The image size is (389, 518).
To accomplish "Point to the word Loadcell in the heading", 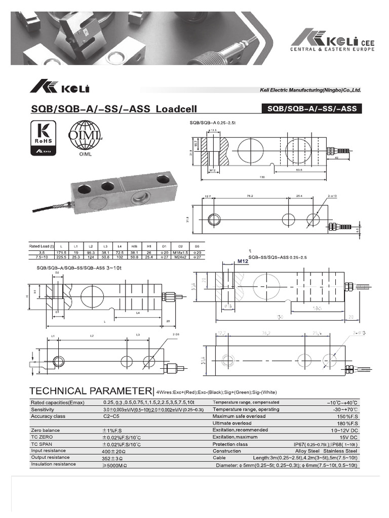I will (x=176, y=109).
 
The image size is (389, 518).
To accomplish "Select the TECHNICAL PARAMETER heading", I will (x=91, y=391).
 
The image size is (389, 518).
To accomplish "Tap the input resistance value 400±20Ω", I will (x=113, y=451).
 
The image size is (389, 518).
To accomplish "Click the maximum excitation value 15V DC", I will (x=348, y=437).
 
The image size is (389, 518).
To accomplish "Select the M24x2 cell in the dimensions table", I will (x=180, y=256).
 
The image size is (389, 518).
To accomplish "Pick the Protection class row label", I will (x=230, y=444).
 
